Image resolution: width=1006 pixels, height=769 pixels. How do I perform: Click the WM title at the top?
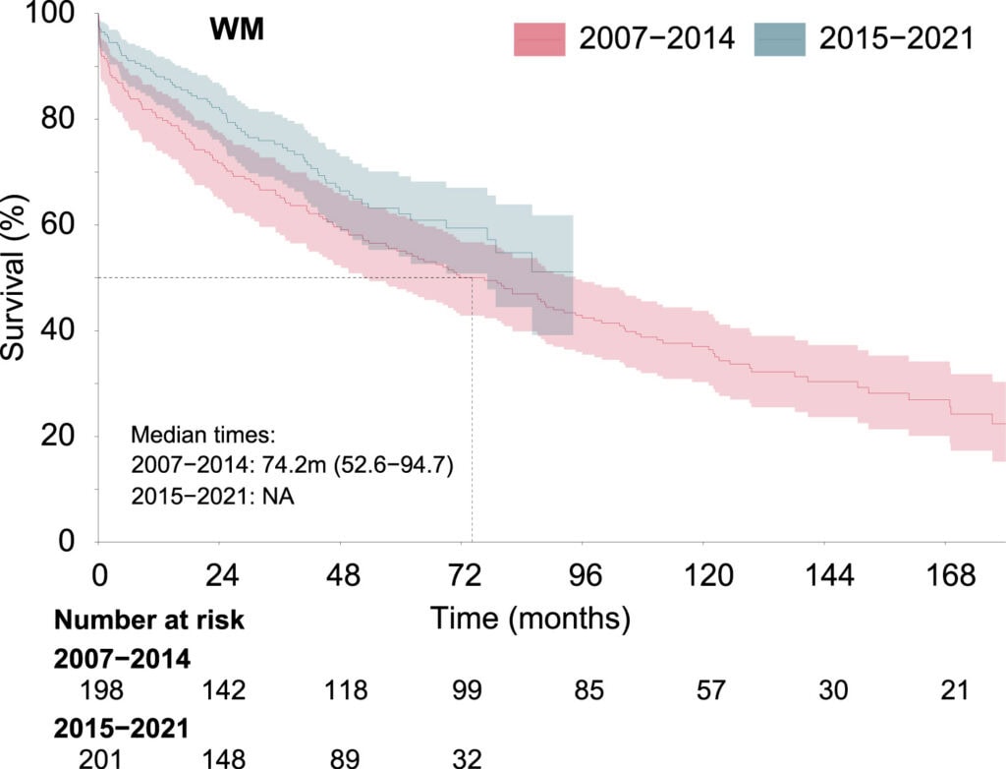(x=236, y=30)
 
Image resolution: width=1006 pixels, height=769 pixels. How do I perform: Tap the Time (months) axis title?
(x=529, y=619)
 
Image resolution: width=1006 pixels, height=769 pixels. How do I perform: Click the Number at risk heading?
(x=149, y=620)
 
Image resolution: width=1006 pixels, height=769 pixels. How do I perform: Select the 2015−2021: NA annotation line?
(x=212, y=497)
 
